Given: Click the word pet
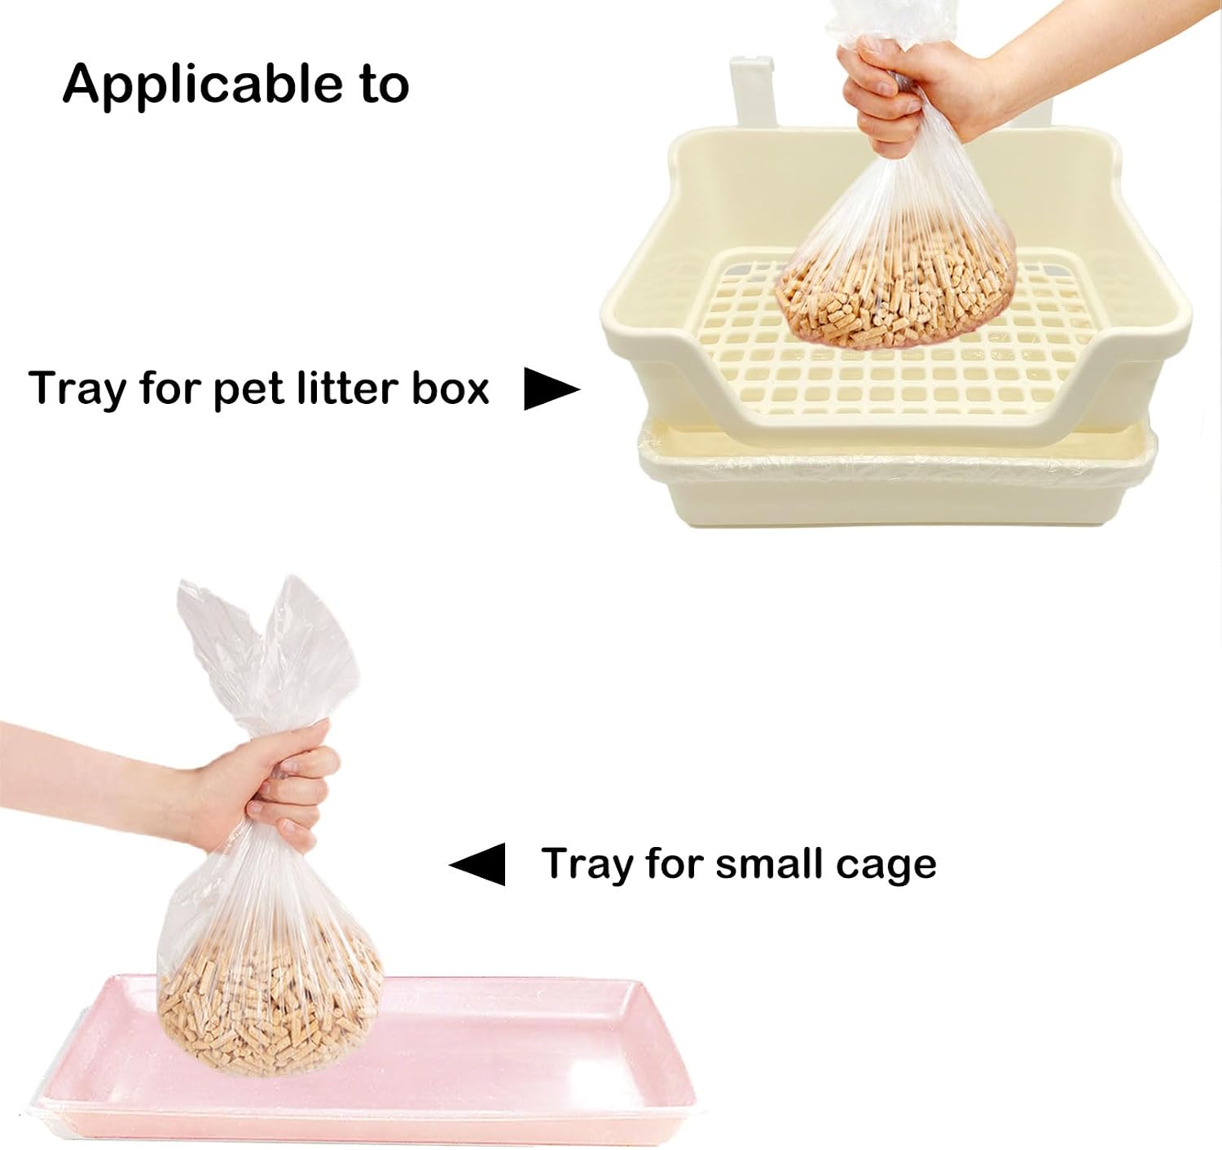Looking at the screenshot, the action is click(x=248, y=390).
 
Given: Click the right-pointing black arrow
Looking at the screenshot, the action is click(x=552, y=388).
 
